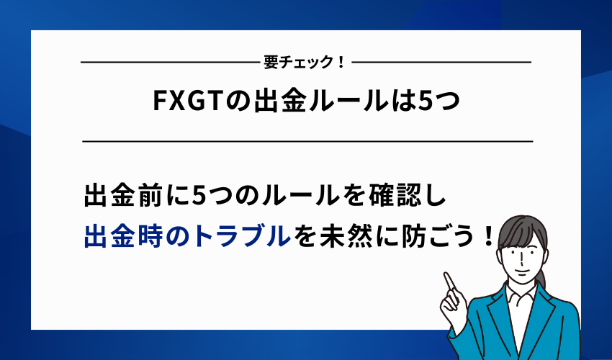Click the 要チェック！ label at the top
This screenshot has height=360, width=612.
click(x=306, y=63)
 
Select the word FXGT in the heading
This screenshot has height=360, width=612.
click(x=186, y=103)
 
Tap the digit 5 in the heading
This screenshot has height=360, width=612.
click(x=426, y=103)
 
